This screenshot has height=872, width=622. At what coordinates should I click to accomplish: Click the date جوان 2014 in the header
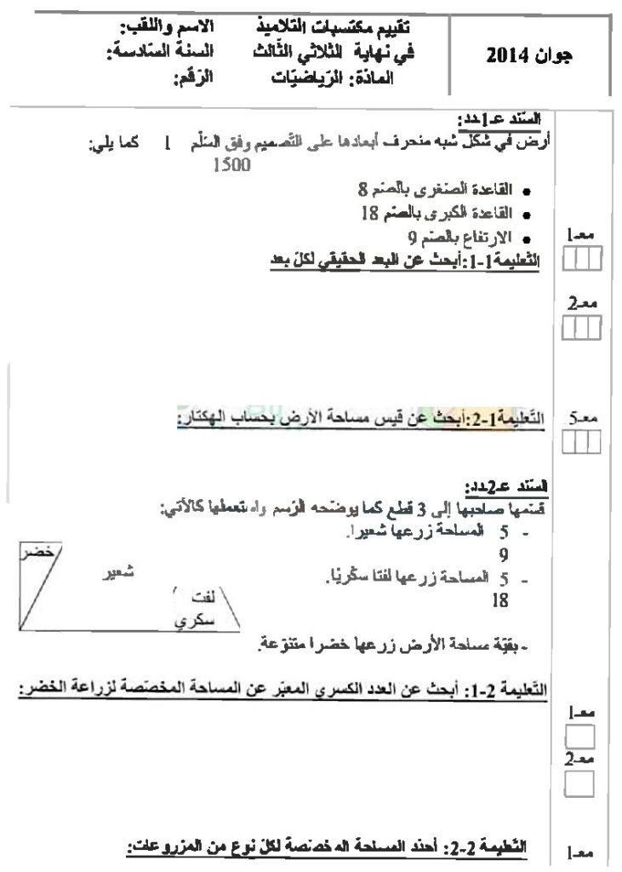click(x=532, y=56)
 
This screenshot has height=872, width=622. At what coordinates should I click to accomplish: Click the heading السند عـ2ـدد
click(x=507, y=487)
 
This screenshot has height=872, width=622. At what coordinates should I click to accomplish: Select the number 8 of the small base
click(x=362, y=188)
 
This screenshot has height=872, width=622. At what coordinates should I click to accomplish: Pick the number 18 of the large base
click(x=368, y=214)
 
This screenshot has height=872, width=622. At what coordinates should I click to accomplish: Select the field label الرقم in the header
click(x=194, y=81)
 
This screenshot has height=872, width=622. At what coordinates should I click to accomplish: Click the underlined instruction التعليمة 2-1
click(x=281, y=686)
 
